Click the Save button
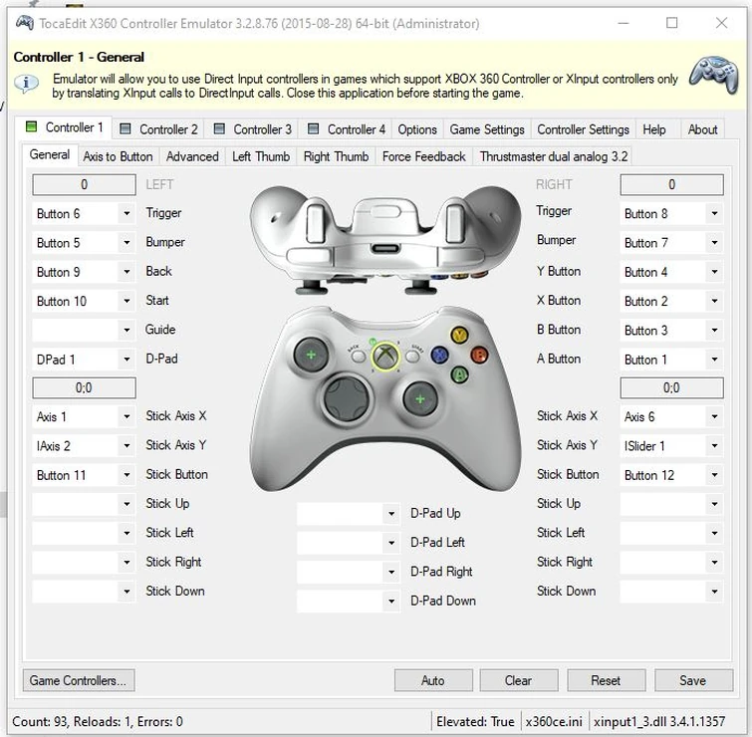click(692, 681)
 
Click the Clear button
click(518, 681)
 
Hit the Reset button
click(606, 681)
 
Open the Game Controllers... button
click(79, 681)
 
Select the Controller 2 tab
click(159, 129)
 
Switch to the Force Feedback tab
click(423, 156)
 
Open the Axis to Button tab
click(118, 156)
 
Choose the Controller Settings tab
click(583, 129)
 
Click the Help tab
click(654, 129)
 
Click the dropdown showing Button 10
click(84, 301)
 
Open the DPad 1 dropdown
click(84, 359)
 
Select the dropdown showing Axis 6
click(671, 417)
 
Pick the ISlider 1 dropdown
click(671, 446)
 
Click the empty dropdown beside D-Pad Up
click(348, 514)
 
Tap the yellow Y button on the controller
click(459, 335)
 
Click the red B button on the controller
click(479, 355)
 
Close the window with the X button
click(722, 23)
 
